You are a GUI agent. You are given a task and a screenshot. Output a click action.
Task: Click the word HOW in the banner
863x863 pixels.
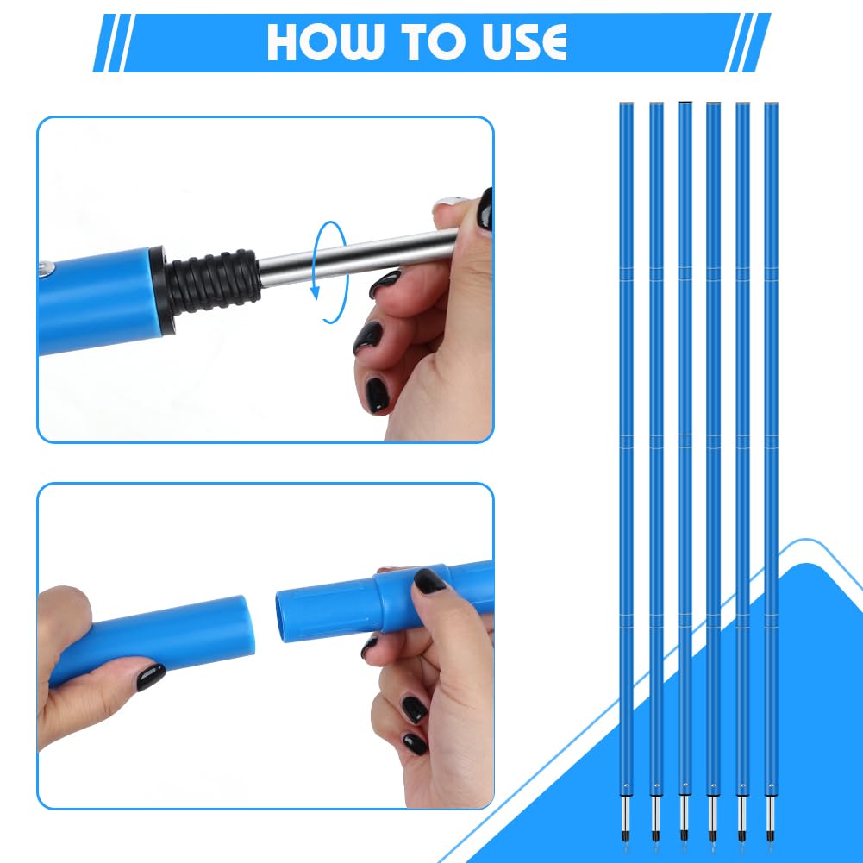324,42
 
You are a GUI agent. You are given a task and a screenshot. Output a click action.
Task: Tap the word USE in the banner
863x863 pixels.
524,42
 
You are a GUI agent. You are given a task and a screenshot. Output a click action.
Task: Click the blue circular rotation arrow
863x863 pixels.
329,272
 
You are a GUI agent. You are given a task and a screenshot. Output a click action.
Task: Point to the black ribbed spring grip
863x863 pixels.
214,282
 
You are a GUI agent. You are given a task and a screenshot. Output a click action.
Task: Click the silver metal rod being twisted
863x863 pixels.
358,256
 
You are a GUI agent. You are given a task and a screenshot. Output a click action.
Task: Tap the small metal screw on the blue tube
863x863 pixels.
47,268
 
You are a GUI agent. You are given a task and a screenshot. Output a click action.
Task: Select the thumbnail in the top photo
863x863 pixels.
485,209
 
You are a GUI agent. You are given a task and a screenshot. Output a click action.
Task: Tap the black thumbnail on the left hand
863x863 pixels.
150,677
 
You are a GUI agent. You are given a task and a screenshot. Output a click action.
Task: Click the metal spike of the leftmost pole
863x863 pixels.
626,819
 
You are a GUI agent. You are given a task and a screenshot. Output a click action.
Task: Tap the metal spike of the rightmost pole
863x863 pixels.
771,819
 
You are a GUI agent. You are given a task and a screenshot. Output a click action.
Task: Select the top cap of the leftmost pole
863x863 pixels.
626,103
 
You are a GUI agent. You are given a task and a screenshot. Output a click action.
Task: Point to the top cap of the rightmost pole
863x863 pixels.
771,103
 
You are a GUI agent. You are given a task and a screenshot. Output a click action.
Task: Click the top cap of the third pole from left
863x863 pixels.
685,103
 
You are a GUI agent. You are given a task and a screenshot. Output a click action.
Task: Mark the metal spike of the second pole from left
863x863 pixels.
655,819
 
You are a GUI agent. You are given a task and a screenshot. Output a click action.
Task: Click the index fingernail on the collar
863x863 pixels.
429,581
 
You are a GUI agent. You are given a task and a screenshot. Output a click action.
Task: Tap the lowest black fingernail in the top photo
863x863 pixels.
377,395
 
